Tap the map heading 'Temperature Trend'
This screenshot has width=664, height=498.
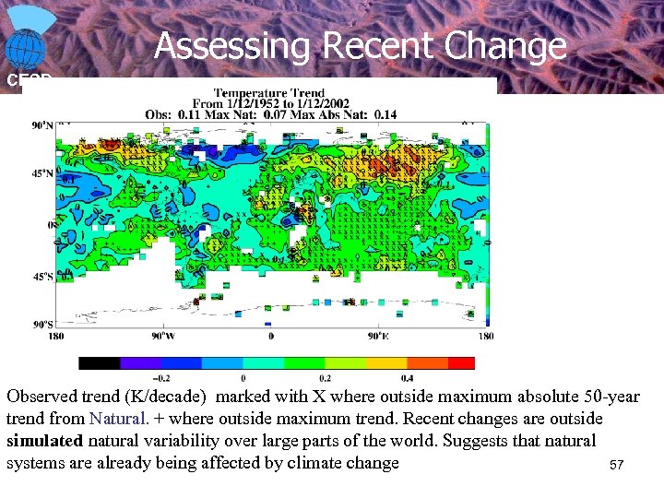click(268, 92)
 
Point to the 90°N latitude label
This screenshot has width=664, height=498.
click(42, 125)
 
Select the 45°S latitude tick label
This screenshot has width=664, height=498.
click(43, 275)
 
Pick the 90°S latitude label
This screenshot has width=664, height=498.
click(42, 324)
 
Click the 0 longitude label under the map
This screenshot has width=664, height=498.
click(271, 336)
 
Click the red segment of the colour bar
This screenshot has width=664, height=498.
click(461, 363)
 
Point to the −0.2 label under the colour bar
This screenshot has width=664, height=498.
click(160, 378)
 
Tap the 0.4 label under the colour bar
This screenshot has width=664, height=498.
click(407, 378)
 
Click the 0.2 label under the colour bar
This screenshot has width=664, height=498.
click(325, 378)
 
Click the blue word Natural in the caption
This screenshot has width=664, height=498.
click(117, 419)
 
